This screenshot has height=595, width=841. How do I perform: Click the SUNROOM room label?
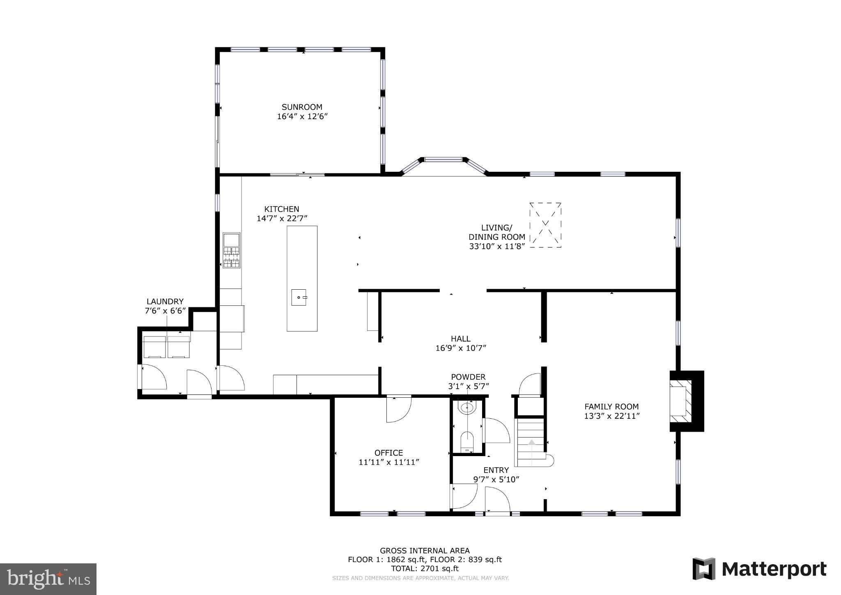point(302,107)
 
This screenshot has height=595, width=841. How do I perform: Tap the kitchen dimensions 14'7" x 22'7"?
point(282,218)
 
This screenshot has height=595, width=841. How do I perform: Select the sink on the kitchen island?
point(299,297)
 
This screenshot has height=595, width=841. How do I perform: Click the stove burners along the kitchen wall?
point(231,257)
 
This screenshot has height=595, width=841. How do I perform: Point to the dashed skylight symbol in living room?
point(545,225)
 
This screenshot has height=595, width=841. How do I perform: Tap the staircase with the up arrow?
point(530,442)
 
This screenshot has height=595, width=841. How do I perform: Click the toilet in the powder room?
point(467,440)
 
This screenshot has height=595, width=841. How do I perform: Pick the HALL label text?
point(460,339)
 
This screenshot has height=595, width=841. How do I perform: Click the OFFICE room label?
point(388,453)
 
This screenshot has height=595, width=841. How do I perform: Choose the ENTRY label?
point(496,470)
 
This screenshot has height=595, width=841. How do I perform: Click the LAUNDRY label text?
point(165,302)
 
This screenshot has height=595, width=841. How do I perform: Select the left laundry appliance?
point(154,346)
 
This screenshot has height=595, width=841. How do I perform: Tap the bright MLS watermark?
point(48,579)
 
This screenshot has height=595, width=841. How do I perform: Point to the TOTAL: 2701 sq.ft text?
point(425,569)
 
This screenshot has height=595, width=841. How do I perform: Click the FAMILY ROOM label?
point(611,406)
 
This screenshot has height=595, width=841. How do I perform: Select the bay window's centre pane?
point(443,159)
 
